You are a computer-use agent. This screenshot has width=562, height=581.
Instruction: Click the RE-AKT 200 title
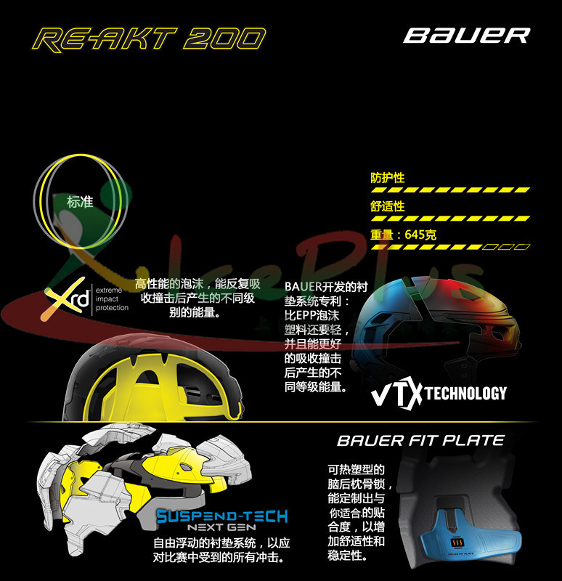(150, 38)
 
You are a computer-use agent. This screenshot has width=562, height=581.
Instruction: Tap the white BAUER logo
(467, 36)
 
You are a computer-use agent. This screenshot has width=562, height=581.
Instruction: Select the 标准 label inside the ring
(80, 202)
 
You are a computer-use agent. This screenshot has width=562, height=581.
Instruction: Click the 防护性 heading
(388, 178)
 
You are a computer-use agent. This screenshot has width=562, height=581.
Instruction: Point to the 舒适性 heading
(388, 207)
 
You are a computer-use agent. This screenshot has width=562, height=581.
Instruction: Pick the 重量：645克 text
(404, 235)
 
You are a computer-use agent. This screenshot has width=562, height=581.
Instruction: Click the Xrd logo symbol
(67, 298)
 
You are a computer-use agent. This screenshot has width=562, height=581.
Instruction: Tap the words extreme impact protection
(112, 298)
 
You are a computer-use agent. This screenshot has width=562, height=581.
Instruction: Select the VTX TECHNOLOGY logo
(439, 394)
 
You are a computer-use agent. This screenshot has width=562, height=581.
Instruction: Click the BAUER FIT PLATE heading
(420, 440)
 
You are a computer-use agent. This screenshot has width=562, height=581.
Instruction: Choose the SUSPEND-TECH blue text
(222, 516)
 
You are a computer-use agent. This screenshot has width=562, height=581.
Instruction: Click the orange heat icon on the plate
(457, 543)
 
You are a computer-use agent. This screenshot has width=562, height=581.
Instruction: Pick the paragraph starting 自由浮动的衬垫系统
(222, 550)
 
